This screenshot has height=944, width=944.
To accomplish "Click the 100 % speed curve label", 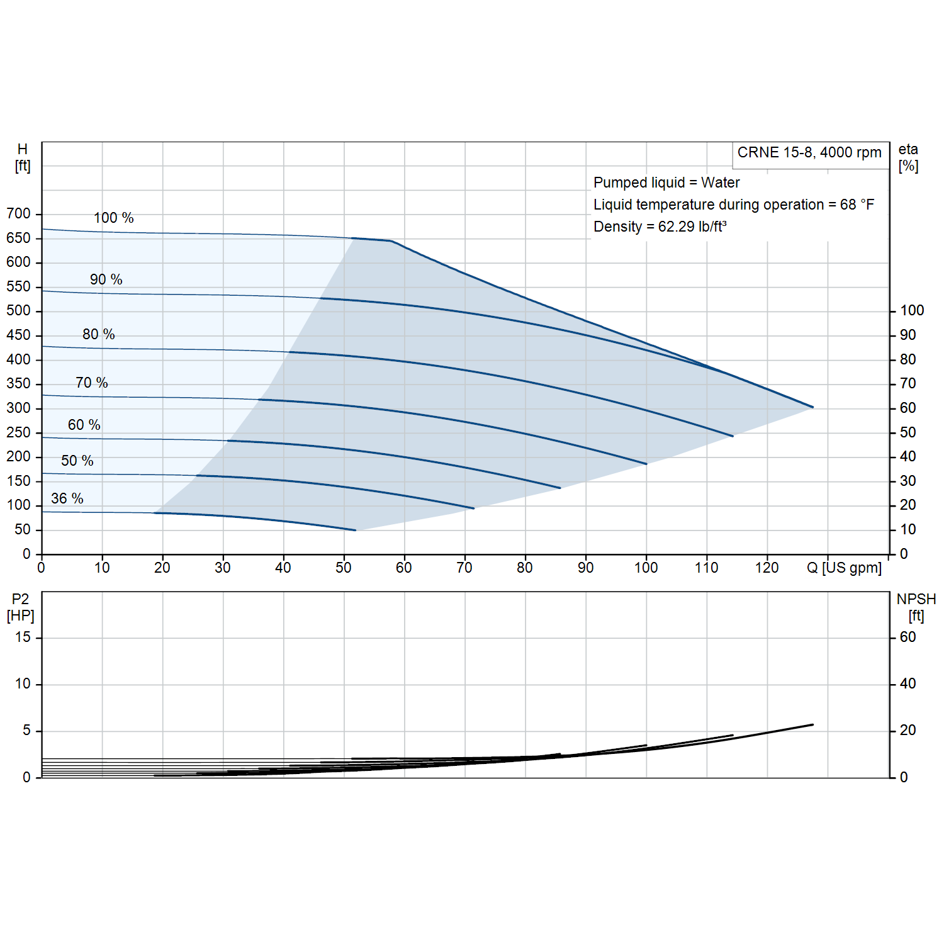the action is [x=114, y=218].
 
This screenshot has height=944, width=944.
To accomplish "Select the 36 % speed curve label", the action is [x=67, y=498].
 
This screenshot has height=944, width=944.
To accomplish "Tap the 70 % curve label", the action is [x=92, y=383].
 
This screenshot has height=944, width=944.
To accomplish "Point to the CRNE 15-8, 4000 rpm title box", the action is [x=809, y=153].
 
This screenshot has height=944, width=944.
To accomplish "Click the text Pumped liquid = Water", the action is [x=666, y=183].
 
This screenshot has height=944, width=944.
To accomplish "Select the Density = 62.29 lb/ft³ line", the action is [x=660, y=227].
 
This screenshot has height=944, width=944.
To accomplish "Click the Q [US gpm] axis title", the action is [x=844, y=568].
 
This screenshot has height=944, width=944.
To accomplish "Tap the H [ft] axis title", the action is [x=23, y=158].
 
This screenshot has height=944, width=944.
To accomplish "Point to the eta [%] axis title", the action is [x=908, y=158].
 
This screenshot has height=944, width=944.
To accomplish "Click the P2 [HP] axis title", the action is [x=21, y=607].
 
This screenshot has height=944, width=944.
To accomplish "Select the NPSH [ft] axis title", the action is [x=916, y=607].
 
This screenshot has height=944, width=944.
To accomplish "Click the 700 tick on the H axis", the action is [x=19, y=214].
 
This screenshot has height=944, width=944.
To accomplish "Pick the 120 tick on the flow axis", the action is [x=767, y=568].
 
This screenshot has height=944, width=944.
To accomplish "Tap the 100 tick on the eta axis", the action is [x=912, y=311].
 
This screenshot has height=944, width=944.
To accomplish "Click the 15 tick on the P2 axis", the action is [x=23, y=638].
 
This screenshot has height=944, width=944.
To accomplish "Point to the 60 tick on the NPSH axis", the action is [x=907, y=638].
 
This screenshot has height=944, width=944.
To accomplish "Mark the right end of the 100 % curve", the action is [x=813, y=407].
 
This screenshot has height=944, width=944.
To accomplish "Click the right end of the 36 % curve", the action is [x=356, y=530].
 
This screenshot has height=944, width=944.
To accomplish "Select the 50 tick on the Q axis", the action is [x=344, y=568].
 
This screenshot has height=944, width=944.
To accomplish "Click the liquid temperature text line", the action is [x=734, y=205].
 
